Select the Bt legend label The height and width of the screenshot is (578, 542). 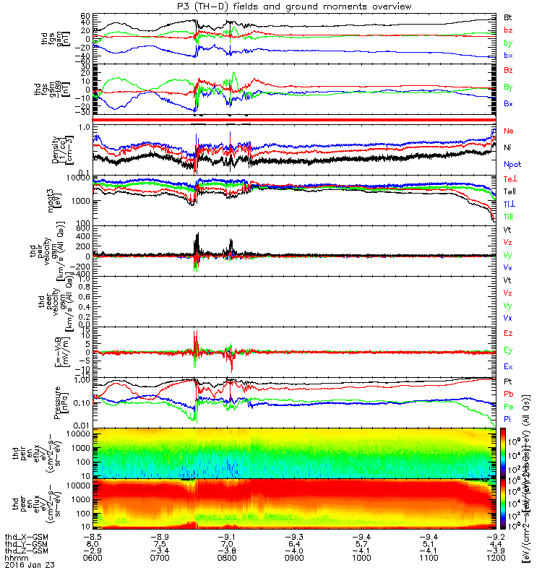[x=508, y=17]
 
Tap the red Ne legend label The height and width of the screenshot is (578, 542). [x=508, y=131]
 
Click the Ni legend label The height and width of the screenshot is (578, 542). [x=507, y=147]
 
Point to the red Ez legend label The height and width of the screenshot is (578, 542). [x=508, y=333]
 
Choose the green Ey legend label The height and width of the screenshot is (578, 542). [x=508, y=350]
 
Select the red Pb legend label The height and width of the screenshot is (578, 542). [x=508, y=394]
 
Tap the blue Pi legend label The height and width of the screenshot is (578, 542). [x=507, y=420]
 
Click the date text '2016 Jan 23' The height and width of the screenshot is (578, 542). [x=25, y=566]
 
